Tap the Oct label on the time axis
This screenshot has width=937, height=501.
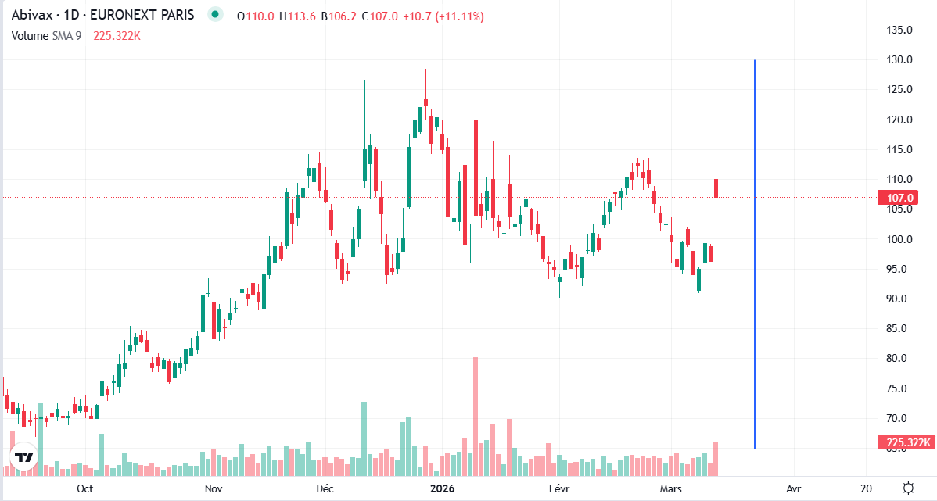coord(85,488)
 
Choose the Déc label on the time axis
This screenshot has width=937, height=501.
coord(325,488)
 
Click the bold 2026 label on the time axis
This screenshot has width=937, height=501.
coord(443,488)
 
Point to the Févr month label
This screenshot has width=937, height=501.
coord(559,488)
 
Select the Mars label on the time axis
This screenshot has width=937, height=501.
coord(671,488)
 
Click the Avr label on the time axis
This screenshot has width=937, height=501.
coord(794,488)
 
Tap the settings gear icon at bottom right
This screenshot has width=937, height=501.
coord(908,488)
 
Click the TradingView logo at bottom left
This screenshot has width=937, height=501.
coord(24,458)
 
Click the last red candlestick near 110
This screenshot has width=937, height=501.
coord(716,188)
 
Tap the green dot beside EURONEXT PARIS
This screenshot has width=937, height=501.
coord(214,15)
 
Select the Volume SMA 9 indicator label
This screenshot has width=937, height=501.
coord(46,35)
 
